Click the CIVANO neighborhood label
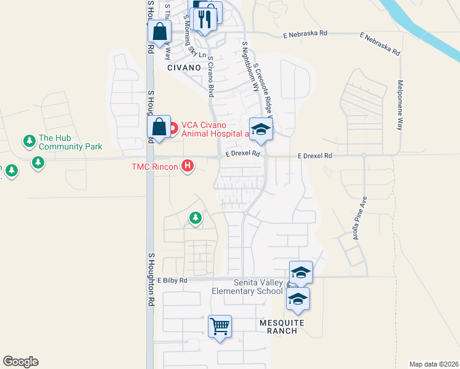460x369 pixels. (184, 68)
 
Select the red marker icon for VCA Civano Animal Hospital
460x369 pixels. (173, 129)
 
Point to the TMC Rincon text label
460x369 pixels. (154, 167)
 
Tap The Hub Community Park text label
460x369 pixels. (69, 142)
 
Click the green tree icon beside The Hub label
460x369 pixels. (29, 141)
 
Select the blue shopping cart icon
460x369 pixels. (219, 325)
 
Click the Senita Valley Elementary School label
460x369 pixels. (247, 287)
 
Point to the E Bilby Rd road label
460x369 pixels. (172, 280)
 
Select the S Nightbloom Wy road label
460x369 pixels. (249, 66)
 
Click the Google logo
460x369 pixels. (20, 362)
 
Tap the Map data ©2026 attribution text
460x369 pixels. (434, 364)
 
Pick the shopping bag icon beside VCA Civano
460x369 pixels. (159, 127)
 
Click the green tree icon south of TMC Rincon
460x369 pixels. (196, 218)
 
